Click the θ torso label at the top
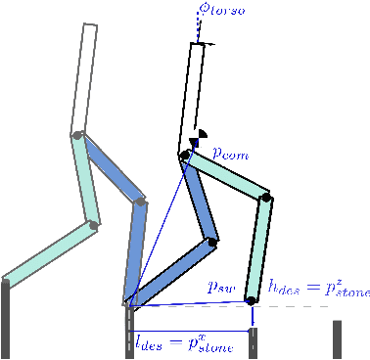[222, 9]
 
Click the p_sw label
[220, 288]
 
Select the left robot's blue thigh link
[110, 167]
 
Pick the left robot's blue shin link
[134, 250]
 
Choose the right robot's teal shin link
[259, 249]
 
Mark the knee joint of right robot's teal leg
[266, 199]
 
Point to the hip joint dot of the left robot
[76, 135]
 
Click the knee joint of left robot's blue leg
[141, 202]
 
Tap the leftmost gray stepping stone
[6, 319]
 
